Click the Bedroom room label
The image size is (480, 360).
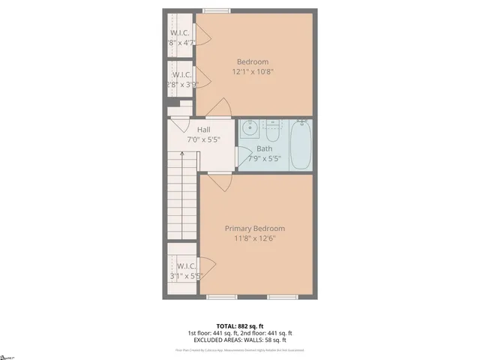(252, 61)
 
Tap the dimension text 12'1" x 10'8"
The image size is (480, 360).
(252, 72)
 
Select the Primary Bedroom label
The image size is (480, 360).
(255, 228)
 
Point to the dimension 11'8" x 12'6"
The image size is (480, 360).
(255, 238)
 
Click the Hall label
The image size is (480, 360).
(203, 130)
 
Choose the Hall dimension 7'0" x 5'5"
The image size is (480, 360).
(203, 139)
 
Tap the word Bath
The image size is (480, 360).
(264, 148)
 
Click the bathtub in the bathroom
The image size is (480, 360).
(301, 144)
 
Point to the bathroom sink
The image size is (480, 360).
(249, 128)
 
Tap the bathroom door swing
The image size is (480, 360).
(244, 156)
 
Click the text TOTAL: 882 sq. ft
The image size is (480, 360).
(239, 325)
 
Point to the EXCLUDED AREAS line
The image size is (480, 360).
(239, 340)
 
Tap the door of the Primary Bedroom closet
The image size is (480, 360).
(207, 265)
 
